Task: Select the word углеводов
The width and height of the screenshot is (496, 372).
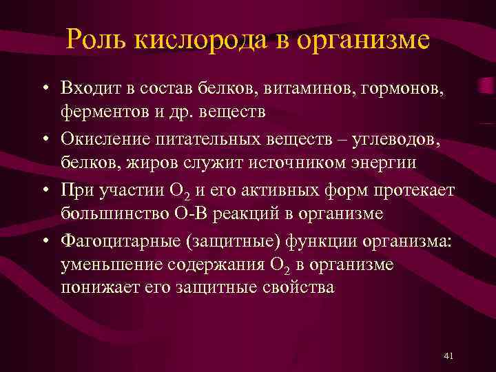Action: (x=386, y=140)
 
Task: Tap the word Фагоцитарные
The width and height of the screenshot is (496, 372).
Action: (x=125, y=242)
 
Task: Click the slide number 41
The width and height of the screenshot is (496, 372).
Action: (x=448, y=355)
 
